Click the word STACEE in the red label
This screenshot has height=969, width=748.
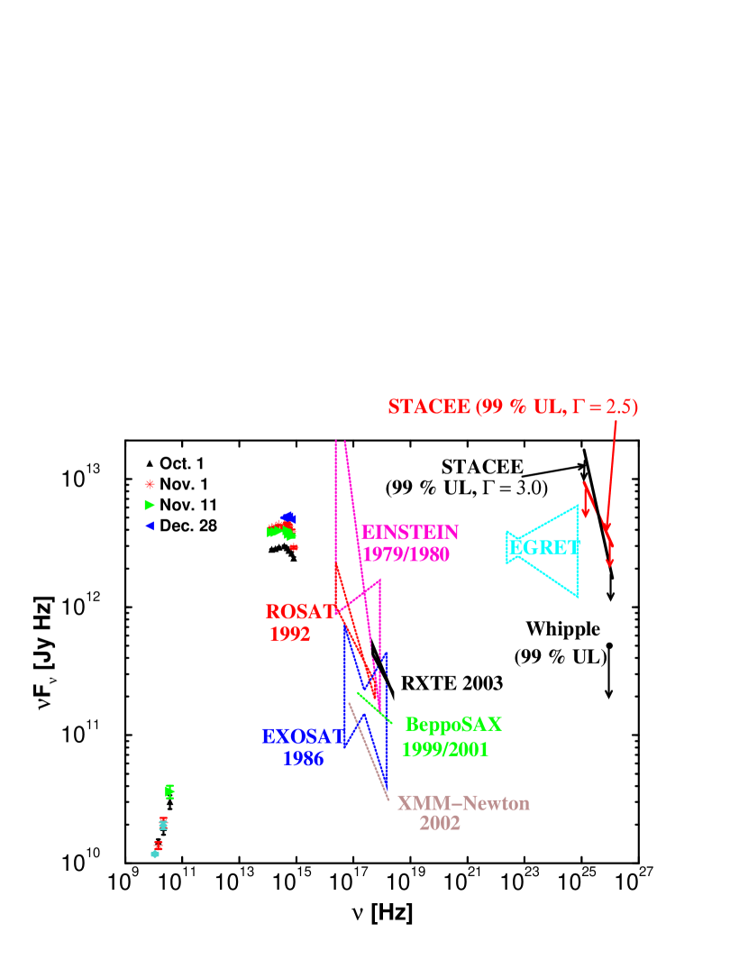tap(430, 407)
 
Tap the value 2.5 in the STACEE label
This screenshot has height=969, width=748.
tap(619, 407)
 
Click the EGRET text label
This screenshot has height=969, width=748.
tap(544, 547)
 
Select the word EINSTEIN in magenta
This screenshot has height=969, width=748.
tap(410, 533)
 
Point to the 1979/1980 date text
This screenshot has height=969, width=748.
tap(406, 554)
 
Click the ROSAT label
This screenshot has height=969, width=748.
tap(300, 612)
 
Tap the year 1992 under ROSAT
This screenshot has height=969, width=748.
tap(290, 635)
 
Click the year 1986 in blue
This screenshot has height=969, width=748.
tap(304, 759)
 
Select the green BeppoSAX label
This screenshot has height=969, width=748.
tap(453, 725)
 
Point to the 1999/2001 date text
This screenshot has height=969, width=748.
tap(445, 749)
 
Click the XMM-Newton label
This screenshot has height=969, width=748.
tap(463, 803)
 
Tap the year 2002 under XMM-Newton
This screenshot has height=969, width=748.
tap(440, 823)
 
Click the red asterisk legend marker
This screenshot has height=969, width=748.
tap(150, 484)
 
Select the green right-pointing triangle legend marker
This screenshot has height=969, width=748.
tap(150, 505)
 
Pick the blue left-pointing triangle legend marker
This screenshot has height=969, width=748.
tap(150, 526)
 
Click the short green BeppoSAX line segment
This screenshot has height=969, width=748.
tap(374, 707)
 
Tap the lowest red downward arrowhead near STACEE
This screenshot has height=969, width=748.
tap(609, 562)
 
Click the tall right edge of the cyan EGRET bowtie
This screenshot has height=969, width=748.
tap(577, 550)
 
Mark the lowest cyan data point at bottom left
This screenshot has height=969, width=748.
tap(155, 855)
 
